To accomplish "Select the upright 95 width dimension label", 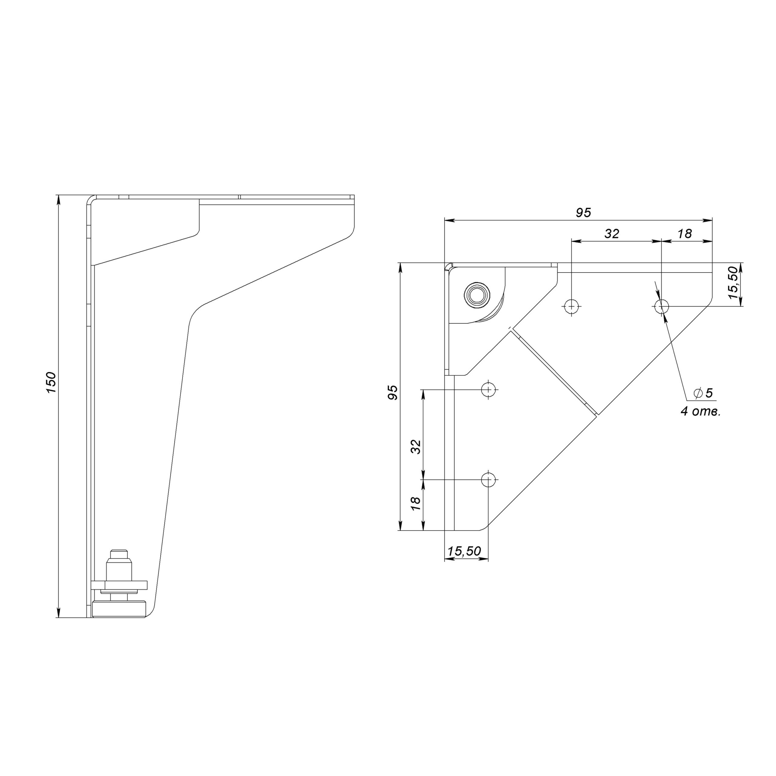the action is (x=583, y=212).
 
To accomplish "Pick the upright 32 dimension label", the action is (x=612, y=233).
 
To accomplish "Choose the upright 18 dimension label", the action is (x=684, y=233).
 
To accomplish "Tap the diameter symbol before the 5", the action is (x=698, y=393).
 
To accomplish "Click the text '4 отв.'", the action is (x=701, y=412).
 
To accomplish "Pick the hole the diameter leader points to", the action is (x=661, y=307).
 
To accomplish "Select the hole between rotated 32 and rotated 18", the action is (x=488, y=479).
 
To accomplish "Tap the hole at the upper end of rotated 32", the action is (x=488, y=389).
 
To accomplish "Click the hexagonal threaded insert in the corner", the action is (x=477, y=294).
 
